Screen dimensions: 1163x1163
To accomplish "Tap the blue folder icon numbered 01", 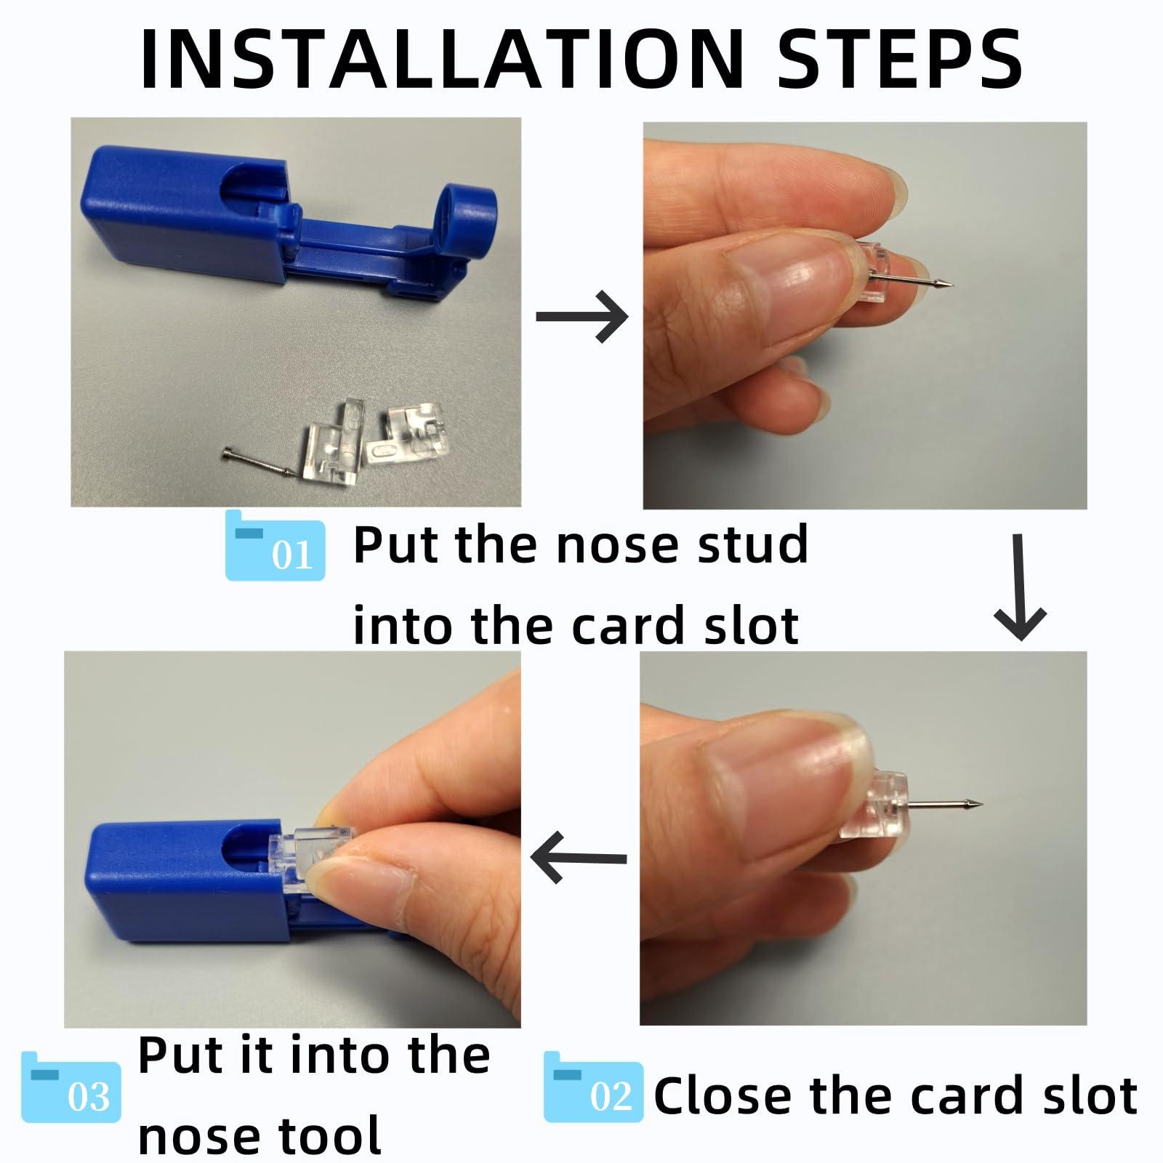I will [275, 547].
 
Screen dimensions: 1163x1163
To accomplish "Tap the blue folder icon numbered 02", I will [593, 1087].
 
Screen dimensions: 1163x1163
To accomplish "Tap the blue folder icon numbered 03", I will [71, 1087].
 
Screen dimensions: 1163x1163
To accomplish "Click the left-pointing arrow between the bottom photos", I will [579, 858].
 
